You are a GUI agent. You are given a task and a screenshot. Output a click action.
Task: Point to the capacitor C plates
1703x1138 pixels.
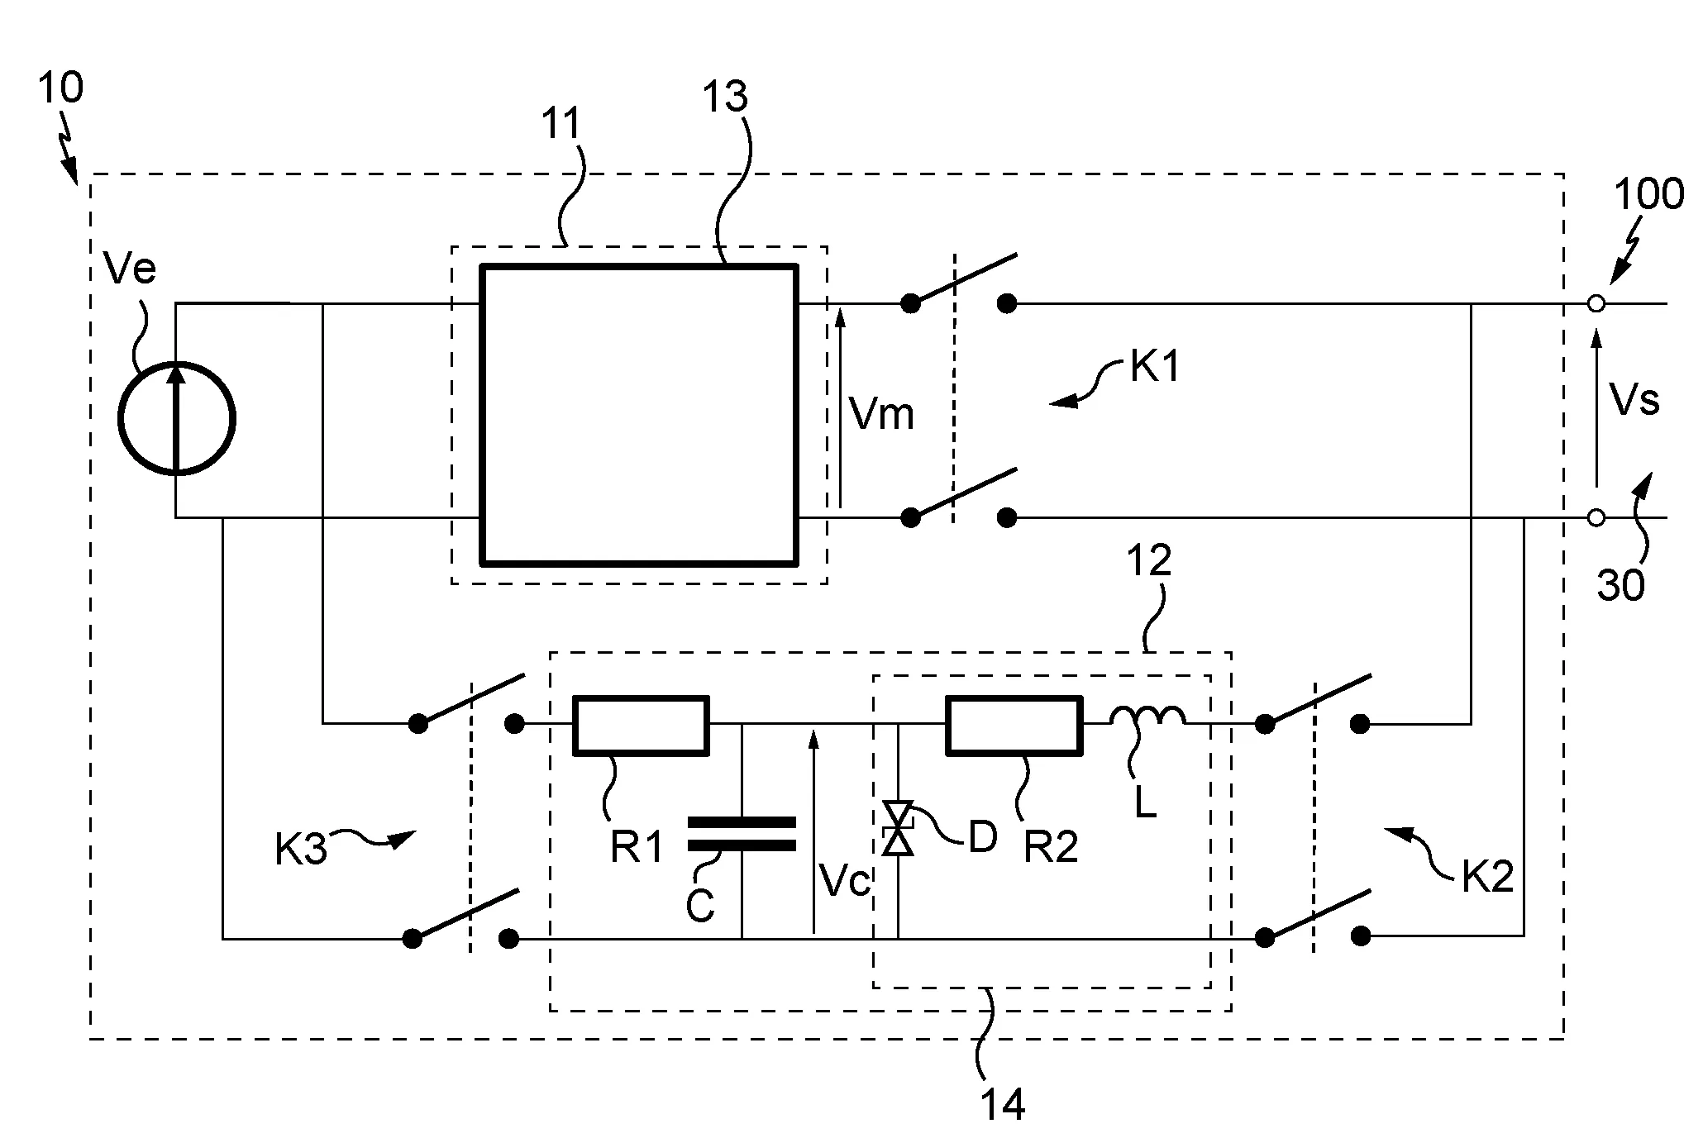(742, 834)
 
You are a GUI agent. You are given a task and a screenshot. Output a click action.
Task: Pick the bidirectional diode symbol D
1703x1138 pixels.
(898, 828)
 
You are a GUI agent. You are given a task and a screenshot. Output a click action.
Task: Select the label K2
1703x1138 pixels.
(1487, 876)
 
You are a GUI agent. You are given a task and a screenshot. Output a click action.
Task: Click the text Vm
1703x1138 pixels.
(882, 412)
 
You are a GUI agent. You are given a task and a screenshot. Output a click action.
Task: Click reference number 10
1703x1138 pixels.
(60, 87)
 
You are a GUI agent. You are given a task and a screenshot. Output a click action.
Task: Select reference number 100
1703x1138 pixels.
(1649, 195)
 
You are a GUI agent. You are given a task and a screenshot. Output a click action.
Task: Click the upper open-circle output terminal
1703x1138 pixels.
(1596, 304)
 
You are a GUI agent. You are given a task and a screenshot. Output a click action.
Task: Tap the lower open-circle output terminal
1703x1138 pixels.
(1596, 518)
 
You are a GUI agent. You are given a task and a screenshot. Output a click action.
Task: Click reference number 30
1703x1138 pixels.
(1620, 585)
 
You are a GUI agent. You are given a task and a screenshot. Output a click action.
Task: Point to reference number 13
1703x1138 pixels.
(725, 97)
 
